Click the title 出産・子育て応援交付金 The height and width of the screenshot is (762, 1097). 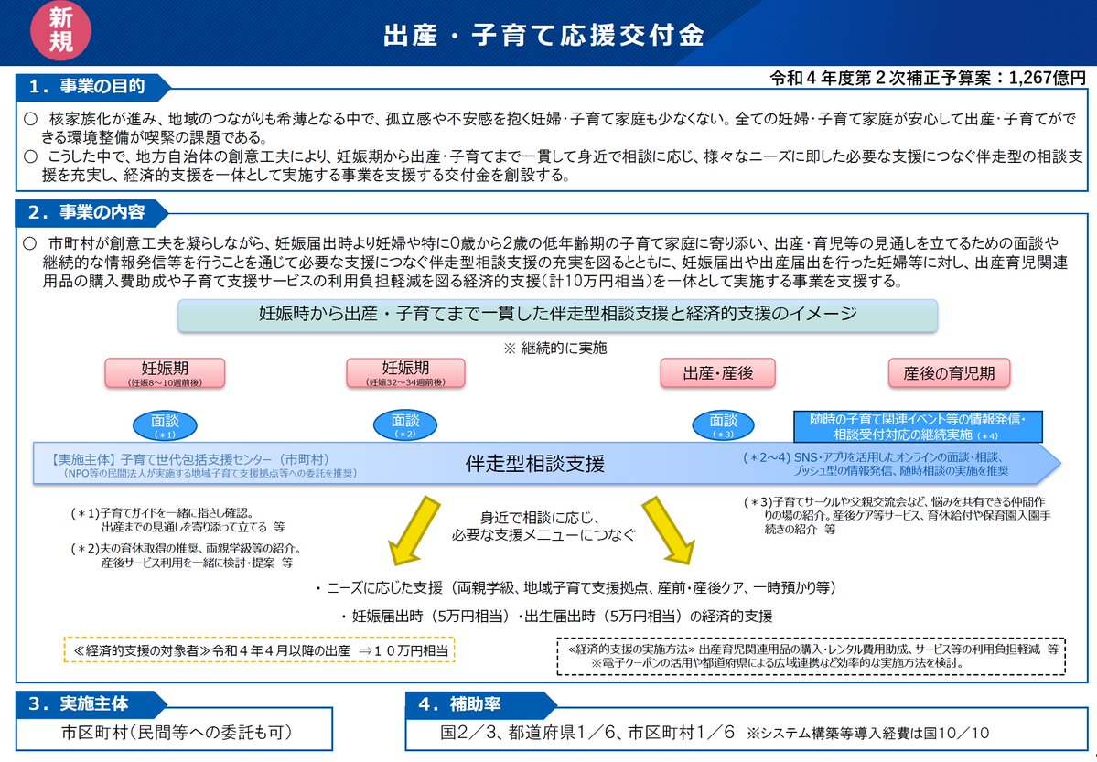click(543, 35)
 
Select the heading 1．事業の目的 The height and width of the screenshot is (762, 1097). click(87, 87)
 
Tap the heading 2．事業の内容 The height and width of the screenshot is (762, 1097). click(87, 213)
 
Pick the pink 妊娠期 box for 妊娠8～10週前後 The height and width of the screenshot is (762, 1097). click(165, 373)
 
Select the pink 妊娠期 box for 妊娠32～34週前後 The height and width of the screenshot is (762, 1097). click(405, 373)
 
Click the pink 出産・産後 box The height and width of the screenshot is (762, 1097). click(717, 373)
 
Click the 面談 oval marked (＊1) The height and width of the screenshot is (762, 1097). click(165, 425)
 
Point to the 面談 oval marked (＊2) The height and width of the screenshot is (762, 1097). click(405, 425)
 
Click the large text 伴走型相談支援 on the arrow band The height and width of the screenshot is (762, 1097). click(534, 463)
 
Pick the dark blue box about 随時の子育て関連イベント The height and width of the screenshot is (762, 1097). click(918, 425)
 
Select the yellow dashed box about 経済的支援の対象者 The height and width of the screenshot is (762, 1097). click(260, 649)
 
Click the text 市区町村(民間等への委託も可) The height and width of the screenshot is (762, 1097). click(177, 733)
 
